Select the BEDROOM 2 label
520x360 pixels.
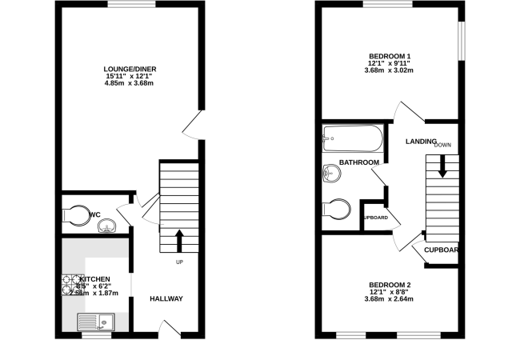[390, 285]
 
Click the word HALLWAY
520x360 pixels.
[167, 299]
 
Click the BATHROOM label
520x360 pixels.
[358, 162]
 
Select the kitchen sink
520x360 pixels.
[96, 322]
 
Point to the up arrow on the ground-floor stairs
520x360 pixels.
[178, 239]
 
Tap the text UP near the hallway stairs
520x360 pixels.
[180, 262]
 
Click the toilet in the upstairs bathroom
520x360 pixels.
[337, 209]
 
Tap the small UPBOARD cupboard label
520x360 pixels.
[375, 218]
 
